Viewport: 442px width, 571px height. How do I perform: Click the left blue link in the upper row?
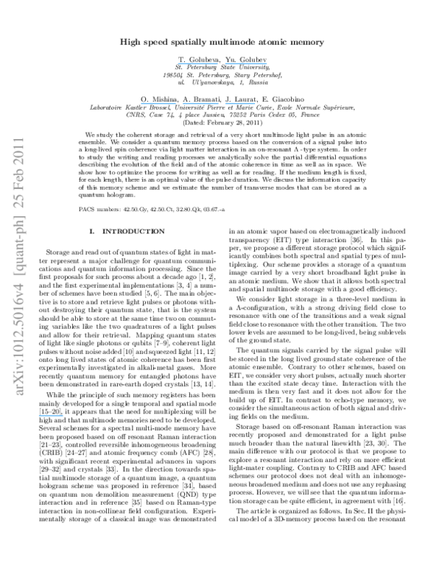199,64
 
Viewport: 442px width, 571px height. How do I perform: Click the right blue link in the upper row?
246,64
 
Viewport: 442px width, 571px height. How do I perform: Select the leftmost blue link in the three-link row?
158,104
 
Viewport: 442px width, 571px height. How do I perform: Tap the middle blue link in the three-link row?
200,104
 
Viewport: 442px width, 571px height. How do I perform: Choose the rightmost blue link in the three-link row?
240,104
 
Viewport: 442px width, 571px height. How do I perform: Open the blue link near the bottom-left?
52,416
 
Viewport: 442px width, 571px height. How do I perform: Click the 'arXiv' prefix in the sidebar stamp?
18,384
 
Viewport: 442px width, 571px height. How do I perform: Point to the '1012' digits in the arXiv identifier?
18,352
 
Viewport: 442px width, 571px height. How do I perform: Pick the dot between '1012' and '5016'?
18,336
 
